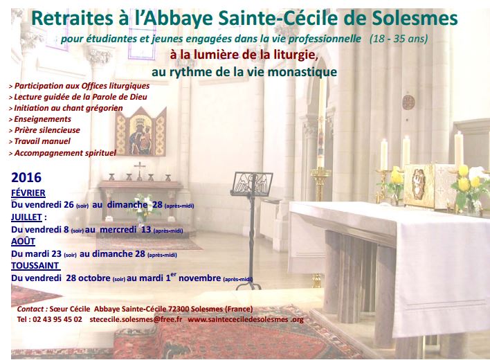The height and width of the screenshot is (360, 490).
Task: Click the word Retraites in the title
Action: (73, 18)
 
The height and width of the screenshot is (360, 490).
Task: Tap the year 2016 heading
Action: (26, 177)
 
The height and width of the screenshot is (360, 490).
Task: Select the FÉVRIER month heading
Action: (28, 193)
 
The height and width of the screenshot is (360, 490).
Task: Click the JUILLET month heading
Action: (26, 217)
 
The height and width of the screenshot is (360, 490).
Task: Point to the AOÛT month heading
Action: (23, 241)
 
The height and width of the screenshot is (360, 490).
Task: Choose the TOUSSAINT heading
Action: (35, 266)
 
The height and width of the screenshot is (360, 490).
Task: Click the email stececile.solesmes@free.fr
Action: (136, 319)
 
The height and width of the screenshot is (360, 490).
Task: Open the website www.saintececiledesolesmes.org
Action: (246, 319)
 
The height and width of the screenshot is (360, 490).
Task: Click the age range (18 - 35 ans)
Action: (399, 39)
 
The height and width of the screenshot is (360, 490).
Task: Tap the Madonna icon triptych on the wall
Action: (140, 132)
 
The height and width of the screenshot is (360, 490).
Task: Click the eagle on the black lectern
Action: (252, 183)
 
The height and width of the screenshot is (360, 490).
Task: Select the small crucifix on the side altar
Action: (139, 170)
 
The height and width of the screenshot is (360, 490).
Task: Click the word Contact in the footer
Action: (30, 309)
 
